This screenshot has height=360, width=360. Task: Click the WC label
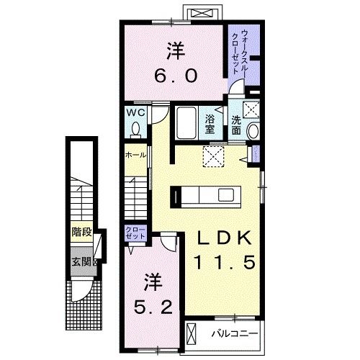click(x=135, y=113)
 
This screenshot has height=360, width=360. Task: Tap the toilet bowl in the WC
click(x=135, y=129)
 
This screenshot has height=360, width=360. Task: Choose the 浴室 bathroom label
click(x=211, y=125)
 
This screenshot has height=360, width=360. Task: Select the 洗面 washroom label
click(x=237, y=125)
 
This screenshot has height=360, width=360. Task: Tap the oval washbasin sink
click(x=252, y=132)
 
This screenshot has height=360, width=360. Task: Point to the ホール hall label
click(x=135, y=155)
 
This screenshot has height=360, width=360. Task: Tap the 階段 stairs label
click(x=81, y=232)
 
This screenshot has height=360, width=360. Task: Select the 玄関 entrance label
click(x=81, y=262)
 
